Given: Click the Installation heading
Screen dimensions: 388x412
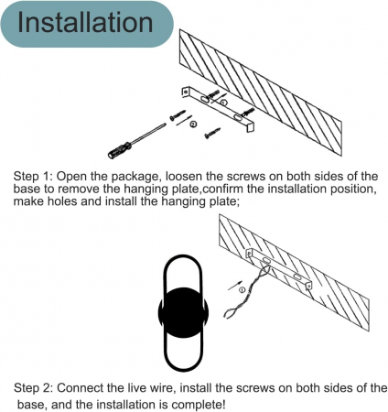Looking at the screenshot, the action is pyautogui.click(x=85, y=22).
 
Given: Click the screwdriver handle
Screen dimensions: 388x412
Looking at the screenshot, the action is pyautogui.click(x=120, y=149).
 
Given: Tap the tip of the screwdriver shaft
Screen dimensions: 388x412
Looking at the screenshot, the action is pyautogui.click(x=165, y=125).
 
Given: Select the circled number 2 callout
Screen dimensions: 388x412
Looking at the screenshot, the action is pyautogui.click(x=193, y=124).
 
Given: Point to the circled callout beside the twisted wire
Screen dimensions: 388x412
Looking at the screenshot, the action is pyautogui.click(x=242, y=290).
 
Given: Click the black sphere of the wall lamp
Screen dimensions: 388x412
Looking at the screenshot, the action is pyautogui.click(x=183, y=312).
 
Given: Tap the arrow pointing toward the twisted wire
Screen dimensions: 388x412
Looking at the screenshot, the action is pyautogui.click(x=235, y=285).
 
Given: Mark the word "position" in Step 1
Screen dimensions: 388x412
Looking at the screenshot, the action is pyautogui.click(x=352, y=190).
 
